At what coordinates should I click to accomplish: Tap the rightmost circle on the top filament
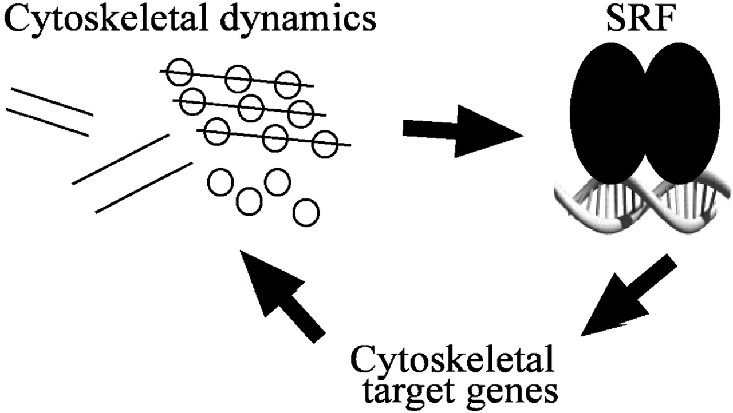(287, 85)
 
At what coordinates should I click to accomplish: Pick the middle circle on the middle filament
(251, 108)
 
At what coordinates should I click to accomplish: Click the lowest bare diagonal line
(143, 188)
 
